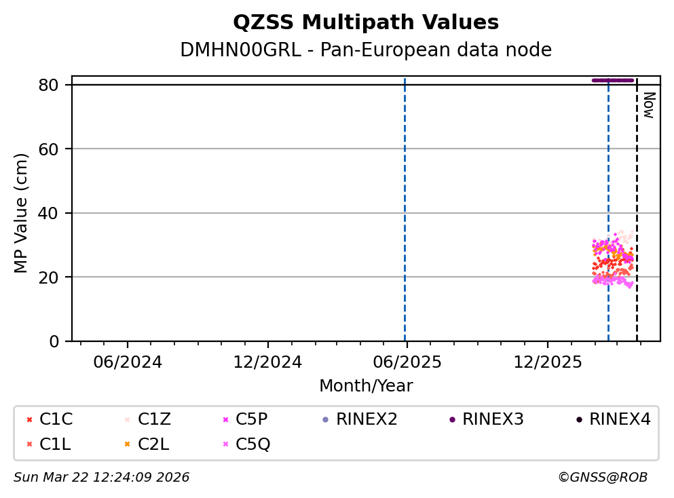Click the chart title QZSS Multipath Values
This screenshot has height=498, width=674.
366,22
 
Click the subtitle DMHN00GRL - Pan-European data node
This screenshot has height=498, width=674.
366,50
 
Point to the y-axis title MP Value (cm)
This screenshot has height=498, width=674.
22,213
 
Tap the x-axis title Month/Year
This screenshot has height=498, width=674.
366,386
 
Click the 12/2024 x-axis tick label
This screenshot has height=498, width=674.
267,362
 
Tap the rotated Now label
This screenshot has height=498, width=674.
649,105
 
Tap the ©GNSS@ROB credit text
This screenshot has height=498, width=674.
603,478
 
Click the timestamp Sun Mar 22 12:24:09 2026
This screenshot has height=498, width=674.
102,478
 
